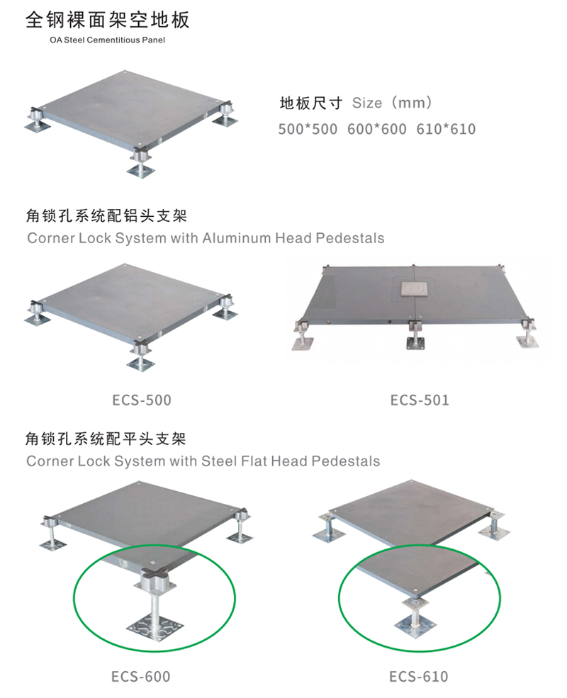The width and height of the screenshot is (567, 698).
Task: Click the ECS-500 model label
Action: click(142, 400)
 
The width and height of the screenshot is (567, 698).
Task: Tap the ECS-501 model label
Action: click(420, 400)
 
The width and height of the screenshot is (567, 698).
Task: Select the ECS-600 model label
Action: click(141, 677)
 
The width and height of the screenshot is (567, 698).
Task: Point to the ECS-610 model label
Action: click(418, 677)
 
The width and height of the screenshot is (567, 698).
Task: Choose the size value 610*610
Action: click(447, 129)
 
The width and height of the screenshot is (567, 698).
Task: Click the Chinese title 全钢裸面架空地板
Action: click(108, 20)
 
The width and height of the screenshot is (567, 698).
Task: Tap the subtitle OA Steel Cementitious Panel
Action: click(108, 40)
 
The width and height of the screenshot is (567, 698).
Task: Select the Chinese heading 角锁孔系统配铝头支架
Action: click(106, 215)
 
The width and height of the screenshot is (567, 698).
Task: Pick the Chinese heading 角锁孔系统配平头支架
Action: click(106, 439)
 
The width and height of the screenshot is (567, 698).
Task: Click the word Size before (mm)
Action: click(367, 103)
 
